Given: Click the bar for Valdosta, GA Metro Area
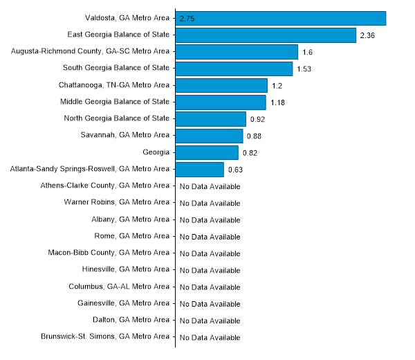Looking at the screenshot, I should tap(280, 18).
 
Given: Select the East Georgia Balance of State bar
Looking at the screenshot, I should tap(266, 35).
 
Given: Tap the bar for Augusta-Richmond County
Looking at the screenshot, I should tap(237, 52).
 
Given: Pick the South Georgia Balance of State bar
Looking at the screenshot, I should tap(234, 69).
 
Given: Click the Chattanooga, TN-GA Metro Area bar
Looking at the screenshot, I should tap(221, 85).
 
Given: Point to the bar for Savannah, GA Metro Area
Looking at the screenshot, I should tap(209, 136).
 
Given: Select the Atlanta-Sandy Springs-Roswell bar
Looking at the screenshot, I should tap(200, 170).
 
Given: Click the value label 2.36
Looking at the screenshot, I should tap(367, 35).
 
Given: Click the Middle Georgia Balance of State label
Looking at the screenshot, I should tap(116, 102).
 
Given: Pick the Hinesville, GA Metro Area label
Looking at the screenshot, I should tap(124, 269).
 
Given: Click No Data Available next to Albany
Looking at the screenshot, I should tap(210, 220).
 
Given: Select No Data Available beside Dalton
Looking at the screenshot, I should tap(210, 321).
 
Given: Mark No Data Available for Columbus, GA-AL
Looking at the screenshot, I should tap(210, 287).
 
